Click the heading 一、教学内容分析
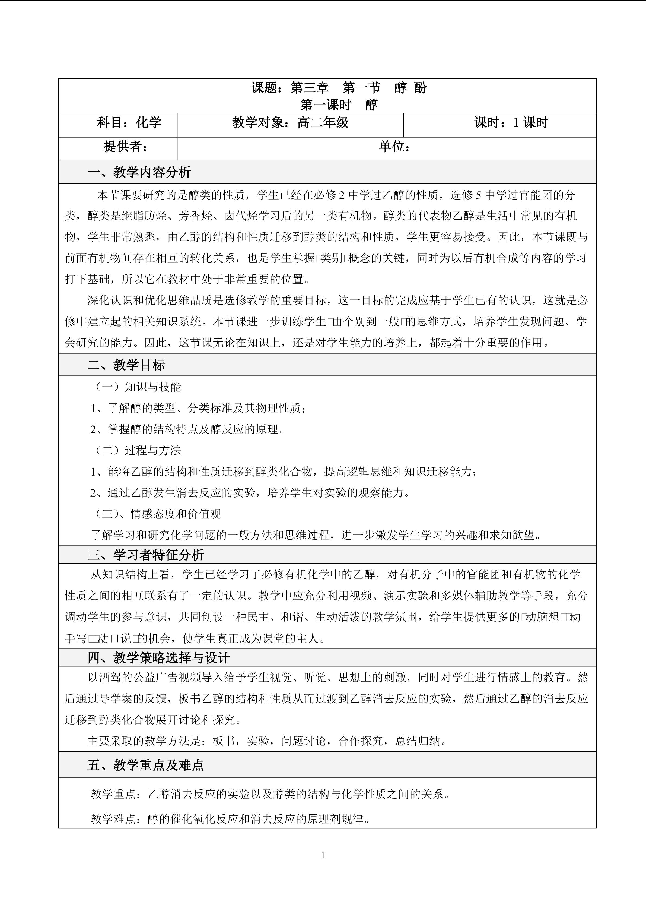139,172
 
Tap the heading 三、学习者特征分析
146,555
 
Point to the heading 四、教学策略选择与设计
158,658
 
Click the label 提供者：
126,147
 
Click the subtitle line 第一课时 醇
339,105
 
